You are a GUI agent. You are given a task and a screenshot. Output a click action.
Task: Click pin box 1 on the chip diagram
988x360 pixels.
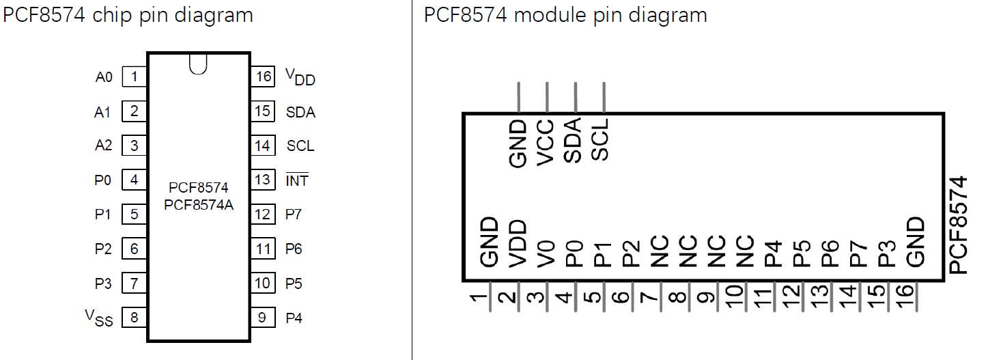(135, 77)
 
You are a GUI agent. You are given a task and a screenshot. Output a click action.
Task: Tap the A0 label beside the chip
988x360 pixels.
(104, 77)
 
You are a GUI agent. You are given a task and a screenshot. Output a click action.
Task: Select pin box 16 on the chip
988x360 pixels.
(263, 77)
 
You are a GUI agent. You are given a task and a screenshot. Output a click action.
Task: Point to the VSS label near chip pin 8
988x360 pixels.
(99, 317)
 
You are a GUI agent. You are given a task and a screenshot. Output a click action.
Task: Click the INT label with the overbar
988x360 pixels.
(297, 180)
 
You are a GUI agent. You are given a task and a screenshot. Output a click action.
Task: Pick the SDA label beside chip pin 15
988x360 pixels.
(300, 112)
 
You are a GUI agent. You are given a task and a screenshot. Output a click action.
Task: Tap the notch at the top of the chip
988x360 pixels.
(198, 64)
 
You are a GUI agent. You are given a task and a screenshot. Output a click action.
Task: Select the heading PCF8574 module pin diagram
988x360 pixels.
(565, 14)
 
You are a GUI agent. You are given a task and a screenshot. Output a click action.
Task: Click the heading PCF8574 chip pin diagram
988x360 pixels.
(128, 14)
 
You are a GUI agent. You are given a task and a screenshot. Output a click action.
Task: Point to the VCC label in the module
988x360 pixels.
(546, 143)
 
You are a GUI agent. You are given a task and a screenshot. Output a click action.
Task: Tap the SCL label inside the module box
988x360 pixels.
(601, 141)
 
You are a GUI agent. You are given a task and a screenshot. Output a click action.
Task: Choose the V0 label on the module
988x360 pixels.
(546, 253)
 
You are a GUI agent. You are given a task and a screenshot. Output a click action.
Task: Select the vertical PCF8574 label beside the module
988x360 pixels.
(959, 225)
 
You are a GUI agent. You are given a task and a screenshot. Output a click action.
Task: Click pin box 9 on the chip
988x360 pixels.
(263, 317)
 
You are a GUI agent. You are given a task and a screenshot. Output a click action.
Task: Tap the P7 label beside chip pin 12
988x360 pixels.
(294, 214)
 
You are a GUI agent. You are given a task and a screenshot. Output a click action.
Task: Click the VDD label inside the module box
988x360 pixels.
(518, 243)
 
